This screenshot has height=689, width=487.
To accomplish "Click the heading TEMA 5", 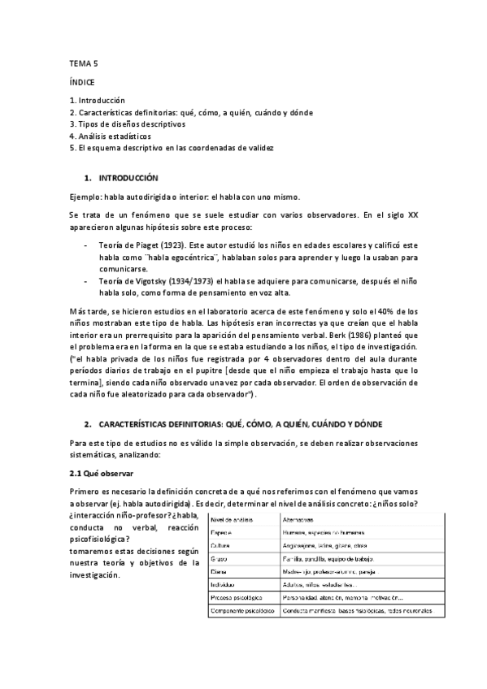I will click(x=83, y=63).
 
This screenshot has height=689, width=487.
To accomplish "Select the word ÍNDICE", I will click(x=82, y=82).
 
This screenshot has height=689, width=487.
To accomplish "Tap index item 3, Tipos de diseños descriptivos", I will click(x=128, y=124).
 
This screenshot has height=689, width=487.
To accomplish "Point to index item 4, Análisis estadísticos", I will click(x=110, y=136).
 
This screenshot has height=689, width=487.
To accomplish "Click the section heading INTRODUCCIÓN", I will click(x=128, y=177).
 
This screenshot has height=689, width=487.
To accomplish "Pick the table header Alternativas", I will click(x=300, y=518).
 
